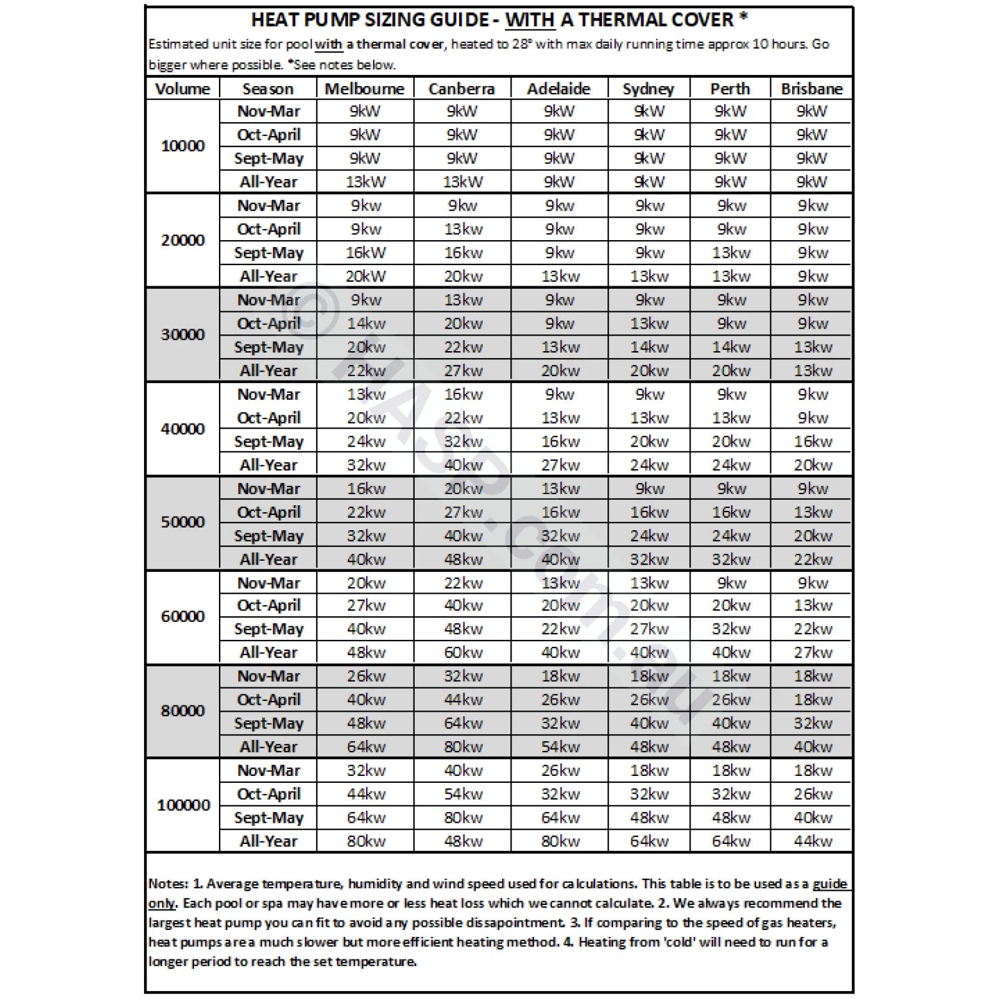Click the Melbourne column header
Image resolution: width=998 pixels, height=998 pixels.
[x=364, y=89]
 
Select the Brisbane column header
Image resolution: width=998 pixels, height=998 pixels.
[x=811, y=89]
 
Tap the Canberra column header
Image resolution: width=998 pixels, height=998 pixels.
[x=462, y=89]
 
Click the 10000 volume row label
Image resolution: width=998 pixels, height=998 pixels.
[x=183, y=146]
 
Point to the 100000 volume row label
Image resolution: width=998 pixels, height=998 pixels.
[x=183, y=805]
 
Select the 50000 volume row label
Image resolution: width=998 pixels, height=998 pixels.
[x=183, y=522]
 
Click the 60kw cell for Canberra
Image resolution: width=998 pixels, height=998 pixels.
[x=463, y=652]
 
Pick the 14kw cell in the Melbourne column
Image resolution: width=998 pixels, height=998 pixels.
[x=366, y=324]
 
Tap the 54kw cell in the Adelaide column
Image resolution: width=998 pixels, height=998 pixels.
[x=560, y=747]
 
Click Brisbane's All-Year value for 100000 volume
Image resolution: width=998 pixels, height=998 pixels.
[x=813, y=841]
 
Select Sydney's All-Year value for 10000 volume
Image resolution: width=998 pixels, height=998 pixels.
[x=649, y=182]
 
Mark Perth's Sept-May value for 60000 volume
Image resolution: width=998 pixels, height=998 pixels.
[x=731, y=629]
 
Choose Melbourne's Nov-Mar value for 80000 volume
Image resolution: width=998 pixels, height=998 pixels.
[x=366, y=676]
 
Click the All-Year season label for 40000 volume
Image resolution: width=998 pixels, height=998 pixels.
[x=268, y=465]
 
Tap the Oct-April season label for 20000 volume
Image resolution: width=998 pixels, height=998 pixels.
[x=268, y=230]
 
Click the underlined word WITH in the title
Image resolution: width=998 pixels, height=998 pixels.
[x=530, y=20]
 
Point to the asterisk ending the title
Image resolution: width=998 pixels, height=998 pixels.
[x=744, y=17]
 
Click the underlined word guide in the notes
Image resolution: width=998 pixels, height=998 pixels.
[x=830, y=884]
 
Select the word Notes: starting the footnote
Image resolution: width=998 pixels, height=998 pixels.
[x=168, y=884]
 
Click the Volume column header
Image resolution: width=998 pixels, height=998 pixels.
[x=183, y=89]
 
